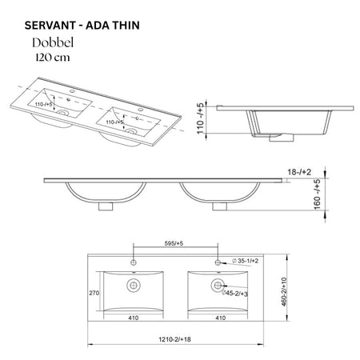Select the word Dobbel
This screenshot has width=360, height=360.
54,43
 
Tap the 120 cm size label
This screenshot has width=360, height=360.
53,58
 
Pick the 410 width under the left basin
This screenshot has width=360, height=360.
131,317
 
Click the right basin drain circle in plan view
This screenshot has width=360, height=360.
218,285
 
